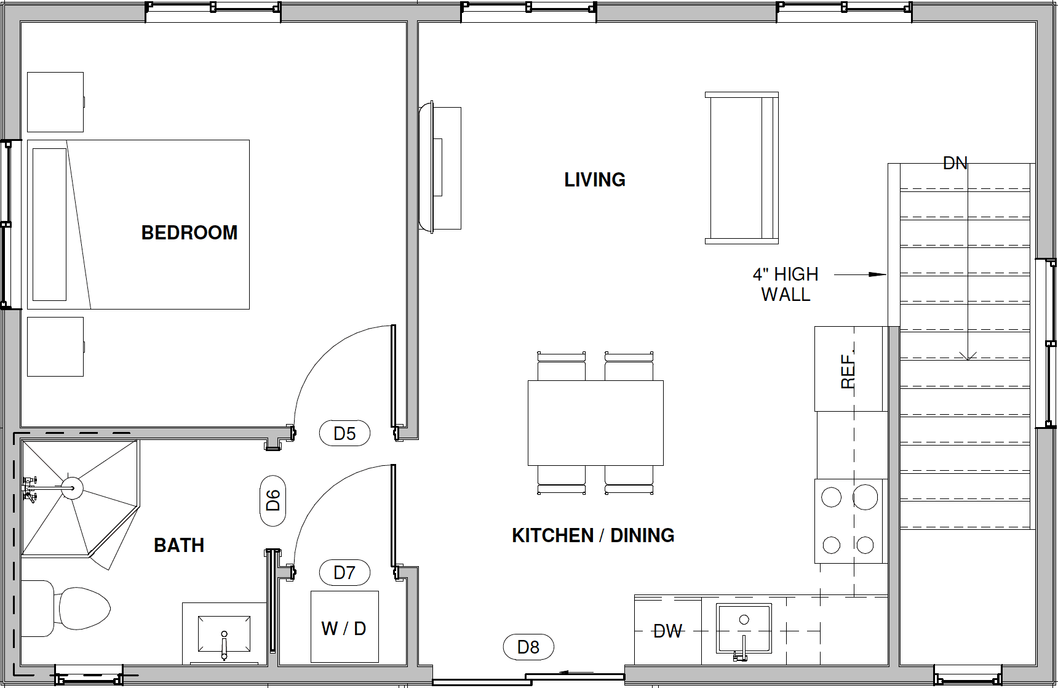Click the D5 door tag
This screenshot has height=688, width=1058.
point(344,433)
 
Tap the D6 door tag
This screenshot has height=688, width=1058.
point(272,501)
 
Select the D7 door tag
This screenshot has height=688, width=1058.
point(344,573)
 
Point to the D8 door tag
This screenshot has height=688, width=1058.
point(528,647)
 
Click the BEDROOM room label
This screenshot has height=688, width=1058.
point(189,233)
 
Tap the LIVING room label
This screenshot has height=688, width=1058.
point(595,180)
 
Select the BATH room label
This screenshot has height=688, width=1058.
point(179,545)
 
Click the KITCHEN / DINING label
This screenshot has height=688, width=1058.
point(593,535)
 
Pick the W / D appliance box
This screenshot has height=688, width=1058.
point(344,626)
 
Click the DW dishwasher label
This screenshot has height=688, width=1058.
point(668,631)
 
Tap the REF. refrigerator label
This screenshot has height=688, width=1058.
point(848,370)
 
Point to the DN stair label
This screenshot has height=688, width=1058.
point(955,163)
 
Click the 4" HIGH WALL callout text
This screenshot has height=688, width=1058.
point(786,284)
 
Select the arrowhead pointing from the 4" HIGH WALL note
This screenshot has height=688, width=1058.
point(878,274)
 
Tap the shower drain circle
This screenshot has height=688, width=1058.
point(72,488)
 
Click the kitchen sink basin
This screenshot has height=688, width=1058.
point(744,628)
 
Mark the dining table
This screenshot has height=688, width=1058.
point(595,423)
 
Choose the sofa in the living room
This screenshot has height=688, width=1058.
point(742,168)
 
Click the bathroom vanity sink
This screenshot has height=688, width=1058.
point(225,634)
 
